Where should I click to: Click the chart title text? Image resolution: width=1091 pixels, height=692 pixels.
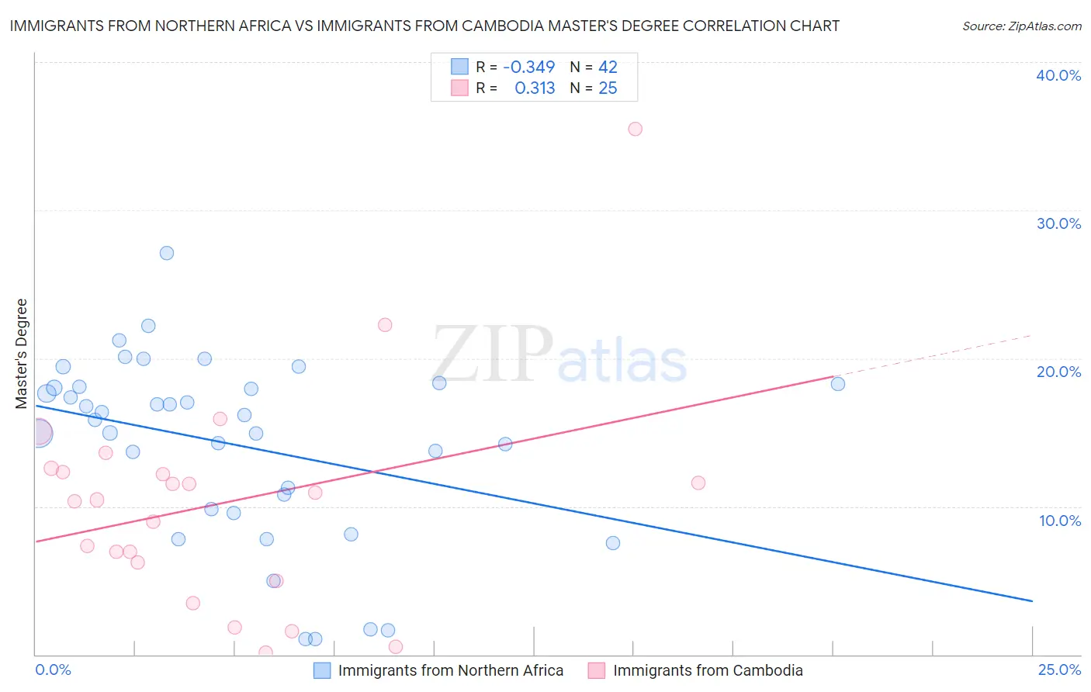pos(424,26)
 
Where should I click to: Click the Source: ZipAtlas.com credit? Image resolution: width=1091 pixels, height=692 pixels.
pos(1022,26)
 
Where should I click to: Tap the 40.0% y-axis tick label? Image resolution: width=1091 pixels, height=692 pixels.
pos(1058,75)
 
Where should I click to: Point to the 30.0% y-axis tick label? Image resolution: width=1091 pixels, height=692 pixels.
pos(1058,223)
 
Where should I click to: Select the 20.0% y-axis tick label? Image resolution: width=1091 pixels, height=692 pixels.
pos(1058,372)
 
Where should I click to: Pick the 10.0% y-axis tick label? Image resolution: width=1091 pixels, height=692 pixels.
pos(1060,521)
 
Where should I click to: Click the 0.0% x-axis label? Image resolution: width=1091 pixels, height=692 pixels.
pos(53,670)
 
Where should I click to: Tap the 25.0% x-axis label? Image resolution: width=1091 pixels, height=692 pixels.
pos(1059,670)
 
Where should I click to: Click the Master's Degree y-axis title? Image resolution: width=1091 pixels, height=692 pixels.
pos(22,354)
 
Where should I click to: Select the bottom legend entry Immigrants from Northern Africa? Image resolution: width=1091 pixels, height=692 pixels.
pos(450,670)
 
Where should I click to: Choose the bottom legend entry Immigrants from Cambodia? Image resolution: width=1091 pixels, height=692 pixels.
pos(707,670)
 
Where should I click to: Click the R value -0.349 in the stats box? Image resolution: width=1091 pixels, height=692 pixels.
pos(529,67)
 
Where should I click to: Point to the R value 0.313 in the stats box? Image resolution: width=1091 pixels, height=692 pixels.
pos(535,88)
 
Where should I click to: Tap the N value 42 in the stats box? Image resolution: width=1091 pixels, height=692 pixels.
pos(608,67)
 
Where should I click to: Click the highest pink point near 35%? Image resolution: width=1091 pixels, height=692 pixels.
pos(635,129)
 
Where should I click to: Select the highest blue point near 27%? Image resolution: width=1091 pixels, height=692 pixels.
pos(167,253)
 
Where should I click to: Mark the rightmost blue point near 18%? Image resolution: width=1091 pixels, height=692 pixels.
pos(838,384)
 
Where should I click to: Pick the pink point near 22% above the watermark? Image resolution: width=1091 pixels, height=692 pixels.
pos(385,325)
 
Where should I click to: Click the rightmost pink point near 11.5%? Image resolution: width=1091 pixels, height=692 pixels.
pos(698,483)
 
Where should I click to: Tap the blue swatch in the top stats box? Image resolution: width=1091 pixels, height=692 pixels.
pos(460,67)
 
